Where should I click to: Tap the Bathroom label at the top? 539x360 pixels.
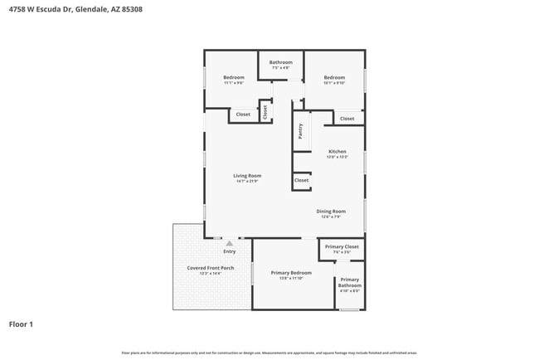(280, 62)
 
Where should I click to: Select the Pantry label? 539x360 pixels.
(300, 130)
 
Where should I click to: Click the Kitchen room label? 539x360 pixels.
(337, 151)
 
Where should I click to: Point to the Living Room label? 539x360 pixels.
(247, 176)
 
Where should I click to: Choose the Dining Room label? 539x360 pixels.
(331, 212)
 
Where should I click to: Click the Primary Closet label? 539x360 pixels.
(341, 246)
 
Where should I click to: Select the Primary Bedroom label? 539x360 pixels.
(291, 273)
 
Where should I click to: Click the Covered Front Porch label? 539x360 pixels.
(210, 268)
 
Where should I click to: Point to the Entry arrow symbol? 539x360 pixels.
(230, 243)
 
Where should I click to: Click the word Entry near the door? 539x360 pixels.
(230, 251)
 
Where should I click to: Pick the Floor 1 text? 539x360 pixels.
(22, 324)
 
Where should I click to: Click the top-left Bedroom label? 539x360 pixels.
(234, 78)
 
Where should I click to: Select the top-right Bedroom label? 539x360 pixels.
(334, 78)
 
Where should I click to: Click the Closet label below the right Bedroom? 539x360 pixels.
(347, 119)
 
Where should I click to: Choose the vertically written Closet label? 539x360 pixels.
(265, 111)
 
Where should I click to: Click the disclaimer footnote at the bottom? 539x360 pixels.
(269, 353)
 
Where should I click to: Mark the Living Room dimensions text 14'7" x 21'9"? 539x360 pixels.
(247, 182)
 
